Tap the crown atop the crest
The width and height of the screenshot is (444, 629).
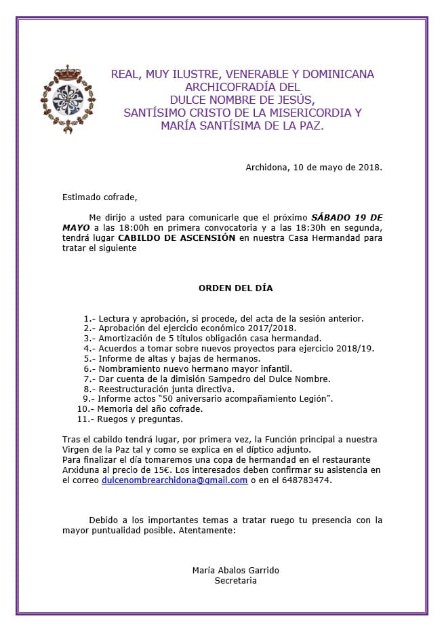pos(68,71)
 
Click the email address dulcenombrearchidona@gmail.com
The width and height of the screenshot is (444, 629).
pos(174,480)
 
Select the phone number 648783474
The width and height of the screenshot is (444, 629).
pos(309,480)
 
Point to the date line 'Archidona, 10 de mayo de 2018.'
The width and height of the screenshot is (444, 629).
pos(314,167)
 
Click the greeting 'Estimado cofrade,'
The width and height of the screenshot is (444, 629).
pos(100,197)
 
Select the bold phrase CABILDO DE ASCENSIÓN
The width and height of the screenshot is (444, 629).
pos(176,238)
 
